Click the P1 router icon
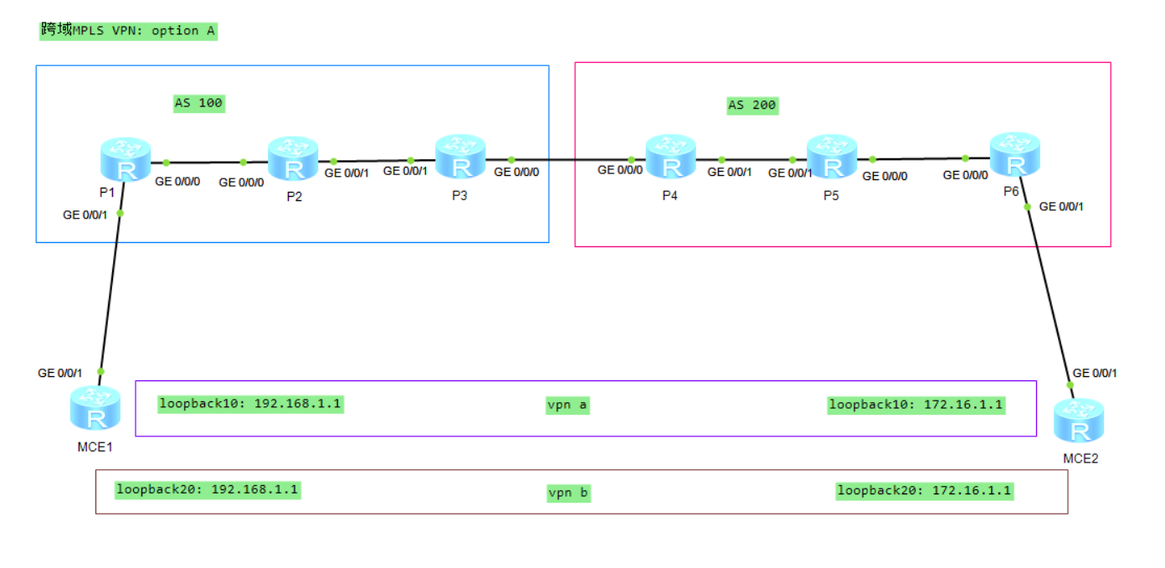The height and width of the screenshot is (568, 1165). point(126,161)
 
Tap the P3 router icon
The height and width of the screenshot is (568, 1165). point(460,157)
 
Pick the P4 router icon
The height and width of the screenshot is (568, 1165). point(670,157)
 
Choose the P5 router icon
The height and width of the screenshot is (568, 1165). point(831,157)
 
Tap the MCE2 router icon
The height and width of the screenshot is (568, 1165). point(1079,421)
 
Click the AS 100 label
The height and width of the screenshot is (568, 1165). point(198,104)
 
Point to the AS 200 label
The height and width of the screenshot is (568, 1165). point(752,106)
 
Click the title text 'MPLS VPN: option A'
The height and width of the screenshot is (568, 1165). point(129,31)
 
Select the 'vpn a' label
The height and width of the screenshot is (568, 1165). point(567,405)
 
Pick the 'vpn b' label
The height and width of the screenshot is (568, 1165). point(569,493)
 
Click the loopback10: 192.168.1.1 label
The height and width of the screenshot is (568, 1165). point(251,404)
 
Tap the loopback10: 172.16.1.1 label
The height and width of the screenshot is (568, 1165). point(916,405)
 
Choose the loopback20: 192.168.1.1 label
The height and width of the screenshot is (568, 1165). point(208,489)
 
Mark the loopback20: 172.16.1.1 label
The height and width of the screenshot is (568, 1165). point(924,491)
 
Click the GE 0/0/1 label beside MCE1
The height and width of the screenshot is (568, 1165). point(60,373)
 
